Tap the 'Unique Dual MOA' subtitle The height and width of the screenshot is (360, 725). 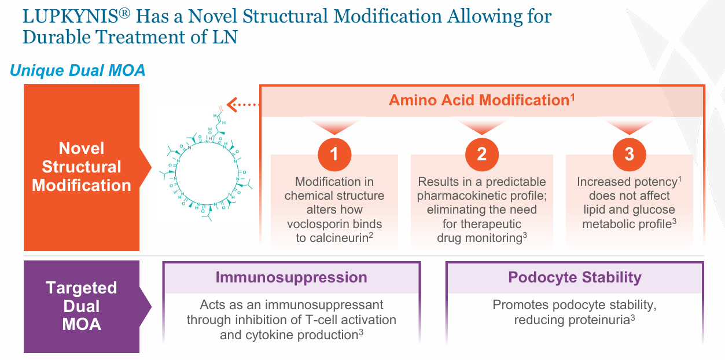click(78, 71)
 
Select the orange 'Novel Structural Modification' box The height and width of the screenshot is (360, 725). click(82, 167)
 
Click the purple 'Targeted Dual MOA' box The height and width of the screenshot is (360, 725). click(82, 306)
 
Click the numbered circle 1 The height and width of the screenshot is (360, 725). click(334, 154)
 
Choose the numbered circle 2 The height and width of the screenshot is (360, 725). click(482, 154)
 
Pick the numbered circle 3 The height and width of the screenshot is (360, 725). click(629, 154)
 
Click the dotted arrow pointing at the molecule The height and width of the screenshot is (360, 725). click(244, 105)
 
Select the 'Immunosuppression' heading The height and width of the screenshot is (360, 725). click(291, 277)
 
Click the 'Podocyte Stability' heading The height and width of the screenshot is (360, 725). click(575, 277)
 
